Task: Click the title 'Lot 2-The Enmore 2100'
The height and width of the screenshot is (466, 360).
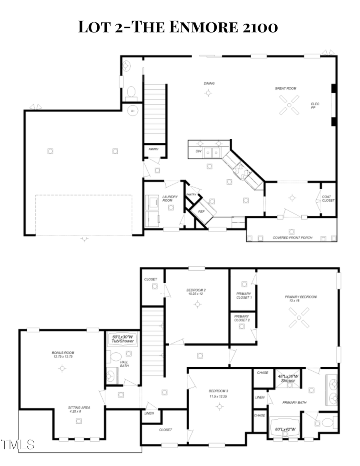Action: [x=178, y=27]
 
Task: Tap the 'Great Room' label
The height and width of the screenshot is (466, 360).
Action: [x=285, y=88]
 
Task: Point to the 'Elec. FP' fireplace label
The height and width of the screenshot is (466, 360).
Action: [x=316, y=106]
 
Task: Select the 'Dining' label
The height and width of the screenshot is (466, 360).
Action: [x=209, y=84]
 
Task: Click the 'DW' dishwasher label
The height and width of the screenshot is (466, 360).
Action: [x=198, y=152]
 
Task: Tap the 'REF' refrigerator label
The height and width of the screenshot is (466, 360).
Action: [x=202, y=211]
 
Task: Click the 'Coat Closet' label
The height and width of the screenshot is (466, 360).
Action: [x=328, y=198]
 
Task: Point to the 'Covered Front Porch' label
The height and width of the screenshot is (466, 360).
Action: [x=292, y=238]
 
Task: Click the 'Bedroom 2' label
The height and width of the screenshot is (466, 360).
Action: [x=196, y=292]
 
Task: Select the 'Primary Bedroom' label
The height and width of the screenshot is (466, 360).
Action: [x=300, y=299]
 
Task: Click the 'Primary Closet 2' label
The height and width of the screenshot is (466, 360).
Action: [x=242, y=318]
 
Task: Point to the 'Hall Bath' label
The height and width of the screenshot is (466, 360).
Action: [x=124, y=364]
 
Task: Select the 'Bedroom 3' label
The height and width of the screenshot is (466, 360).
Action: [x=218, y=393]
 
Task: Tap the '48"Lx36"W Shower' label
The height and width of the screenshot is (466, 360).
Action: [x=288, y=378]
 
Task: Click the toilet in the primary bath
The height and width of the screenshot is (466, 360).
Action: [x=327, y=422]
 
